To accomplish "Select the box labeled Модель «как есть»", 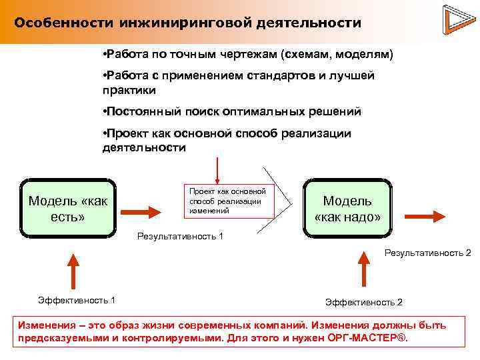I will coord(68,209).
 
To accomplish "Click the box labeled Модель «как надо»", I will coord(347,209).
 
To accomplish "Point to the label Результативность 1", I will coord(180,236).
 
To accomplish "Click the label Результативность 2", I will coord(427,253).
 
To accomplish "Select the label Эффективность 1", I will coord(77,300).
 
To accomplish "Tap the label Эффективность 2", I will coord(363,302).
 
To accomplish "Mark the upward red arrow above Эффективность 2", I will coord(363,269).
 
